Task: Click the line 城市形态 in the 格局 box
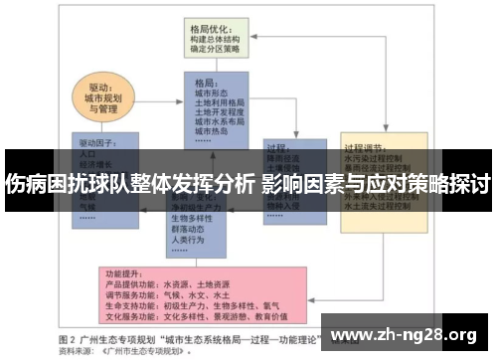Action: (x=213, y=92)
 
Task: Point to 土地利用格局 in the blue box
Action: (x=221, y=102)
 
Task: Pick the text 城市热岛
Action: (x=213, y=131)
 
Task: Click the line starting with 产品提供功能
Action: (x=166, y=282)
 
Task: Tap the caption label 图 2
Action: (x=69, y=337)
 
